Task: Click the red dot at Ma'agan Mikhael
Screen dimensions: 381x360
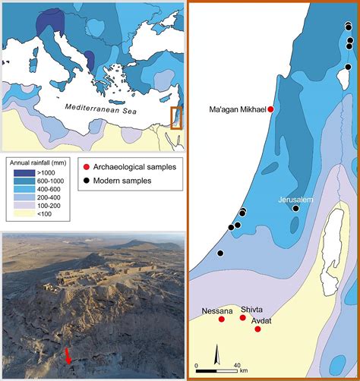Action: coord(270,109)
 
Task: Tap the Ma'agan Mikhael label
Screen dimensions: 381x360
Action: coord(236,109)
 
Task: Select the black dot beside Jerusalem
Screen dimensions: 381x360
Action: coord(295,208)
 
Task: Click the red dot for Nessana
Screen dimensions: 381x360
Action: coord(221,320)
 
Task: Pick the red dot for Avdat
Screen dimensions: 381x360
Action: coord(258,329)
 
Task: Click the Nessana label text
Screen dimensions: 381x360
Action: coord(217,310)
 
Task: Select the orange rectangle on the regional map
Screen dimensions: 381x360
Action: coord(176,119)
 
